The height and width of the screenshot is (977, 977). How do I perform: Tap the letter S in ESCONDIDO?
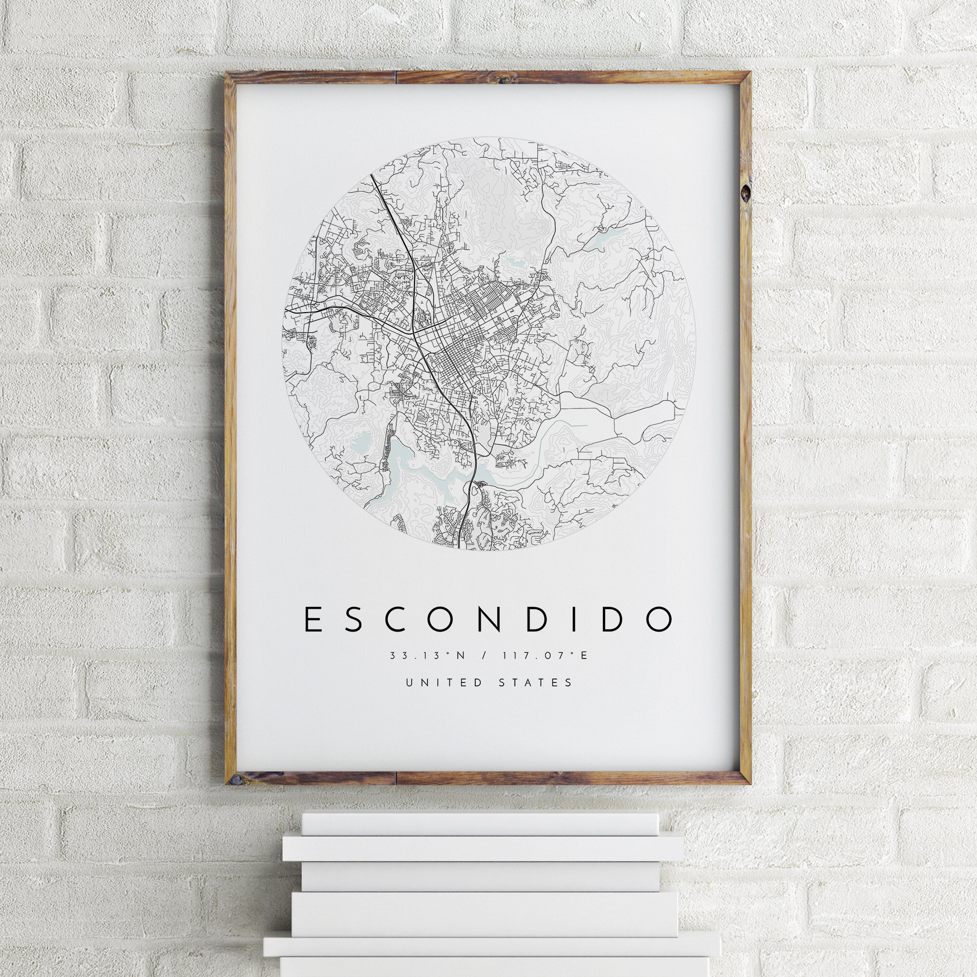point(354,619)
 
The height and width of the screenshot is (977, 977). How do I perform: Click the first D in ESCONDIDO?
point(535,619)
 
